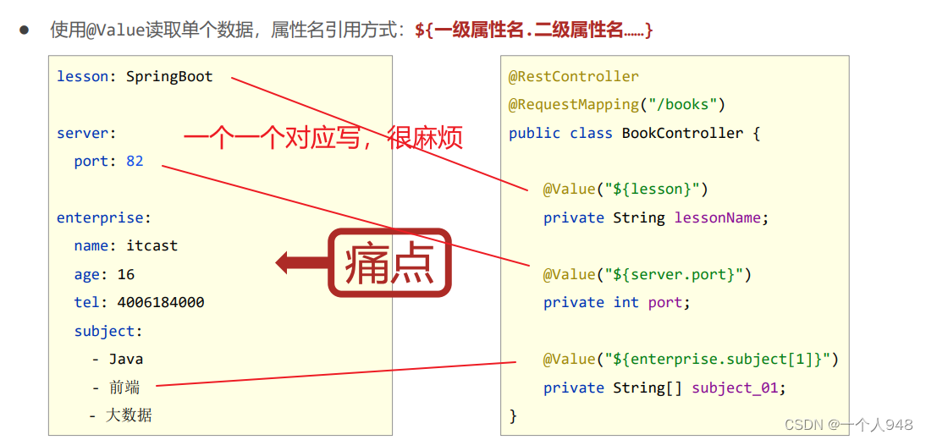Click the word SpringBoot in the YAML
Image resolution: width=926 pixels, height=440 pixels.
tap(169, 77)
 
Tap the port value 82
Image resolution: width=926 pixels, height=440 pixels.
tap(135, 161)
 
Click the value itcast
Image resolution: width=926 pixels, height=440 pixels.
tap(152, 246)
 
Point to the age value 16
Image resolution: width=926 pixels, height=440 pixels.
tap(126, 274)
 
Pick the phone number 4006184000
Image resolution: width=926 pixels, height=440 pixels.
tap(161, 302)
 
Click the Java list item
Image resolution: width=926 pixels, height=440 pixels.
tap(126, 359)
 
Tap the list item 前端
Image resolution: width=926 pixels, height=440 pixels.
tap(124, 388)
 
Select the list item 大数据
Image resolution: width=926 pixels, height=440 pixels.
tap(129, 415)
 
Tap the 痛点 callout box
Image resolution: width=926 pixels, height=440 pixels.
tap(389, 263)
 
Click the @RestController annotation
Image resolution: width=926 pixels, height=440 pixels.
tap(573, 77)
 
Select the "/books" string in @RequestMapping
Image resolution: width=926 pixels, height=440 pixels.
tap(682, 105)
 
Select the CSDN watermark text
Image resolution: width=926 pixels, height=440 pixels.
tap(848, 424)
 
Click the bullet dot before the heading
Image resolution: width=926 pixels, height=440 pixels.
tap(25, 30)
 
